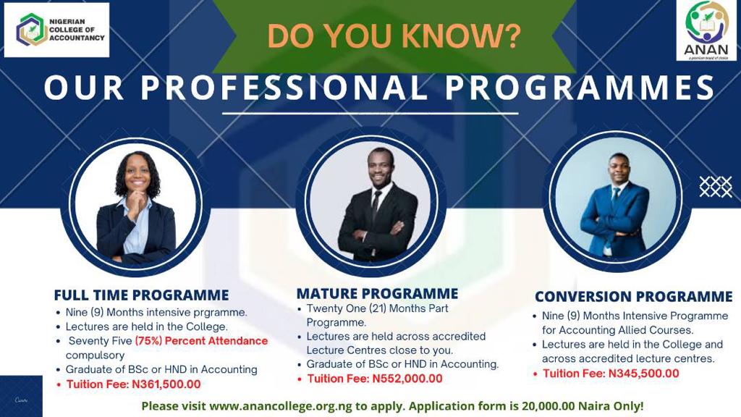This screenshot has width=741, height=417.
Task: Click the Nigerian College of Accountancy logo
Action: (x=56, y=30)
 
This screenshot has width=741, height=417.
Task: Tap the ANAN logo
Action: (x=706, y=30)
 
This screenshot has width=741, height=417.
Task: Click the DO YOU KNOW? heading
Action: (x=394, y=36)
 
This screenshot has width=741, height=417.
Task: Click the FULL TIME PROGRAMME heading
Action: (x=141, y=295)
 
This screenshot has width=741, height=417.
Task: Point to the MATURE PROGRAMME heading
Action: (x=377, y=294)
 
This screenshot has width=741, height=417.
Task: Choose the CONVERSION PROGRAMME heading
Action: (x=634, y=296)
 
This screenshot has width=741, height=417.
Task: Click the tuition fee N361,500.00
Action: (x=166, y=384)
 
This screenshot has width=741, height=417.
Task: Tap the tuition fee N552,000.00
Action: (x=407, y=379)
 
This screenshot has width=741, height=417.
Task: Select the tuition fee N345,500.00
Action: (x=643, y=374)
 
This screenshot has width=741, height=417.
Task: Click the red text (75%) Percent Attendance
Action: (x=201, y=341)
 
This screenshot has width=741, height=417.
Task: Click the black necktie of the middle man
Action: (x=376, y=206)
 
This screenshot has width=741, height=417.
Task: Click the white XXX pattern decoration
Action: (x=716, y=187)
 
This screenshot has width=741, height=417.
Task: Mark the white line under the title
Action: (x=370, y=114)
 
